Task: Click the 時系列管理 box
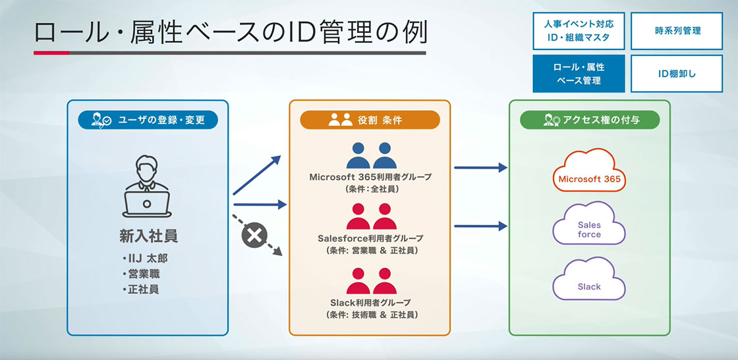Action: (x=677, y=30)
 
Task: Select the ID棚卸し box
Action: (x=677, y=73)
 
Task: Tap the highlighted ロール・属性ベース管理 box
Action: (x=579, y=73)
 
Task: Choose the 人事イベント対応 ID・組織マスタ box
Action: (x=579, y=30)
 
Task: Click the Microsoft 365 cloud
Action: (x=589, y=174)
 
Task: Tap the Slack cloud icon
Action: (x=589, y=282)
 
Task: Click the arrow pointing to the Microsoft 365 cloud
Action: (x=480, y=168)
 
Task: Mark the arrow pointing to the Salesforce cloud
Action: (x=480, y=225)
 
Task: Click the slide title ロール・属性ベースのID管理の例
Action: (x=230, y=33)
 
